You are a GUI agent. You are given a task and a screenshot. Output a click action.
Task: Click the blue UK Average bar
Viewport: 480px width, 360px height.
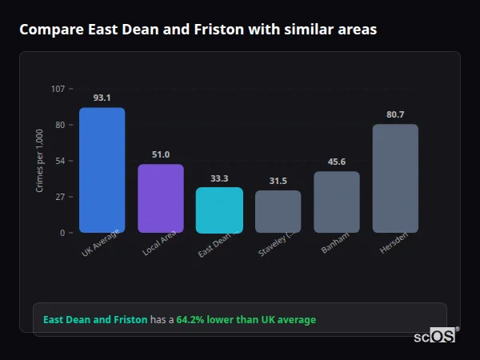[102, 170]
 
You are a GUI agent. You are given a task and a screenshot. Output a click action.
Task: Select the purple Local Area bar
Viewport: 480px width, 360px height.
[161, 198]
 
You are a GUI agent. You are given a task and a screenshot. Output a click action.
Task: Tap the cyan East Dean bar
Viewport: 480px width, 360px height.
[219, 210]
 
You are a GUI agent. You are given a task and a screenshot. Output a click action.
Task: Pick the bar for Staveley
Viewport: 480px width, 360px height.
[278, 211]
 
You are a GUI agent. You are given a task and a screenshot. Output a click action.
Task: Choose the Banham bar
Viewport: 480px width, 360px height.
[337, 202]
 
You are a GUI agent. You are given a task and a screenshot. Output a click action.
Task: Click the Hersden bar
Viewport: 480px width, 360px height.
[395, 178]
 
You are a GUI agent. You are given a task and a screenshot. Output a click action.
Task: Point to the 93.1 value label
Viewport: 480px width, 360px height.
[102, 98]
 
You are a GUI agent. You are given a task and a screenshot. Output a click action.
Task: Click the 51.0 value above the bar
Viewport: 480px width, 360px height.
[161, 154]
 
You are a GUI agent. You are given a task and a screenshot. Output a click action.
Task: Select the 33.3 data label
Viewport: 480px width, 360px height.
[219, 178]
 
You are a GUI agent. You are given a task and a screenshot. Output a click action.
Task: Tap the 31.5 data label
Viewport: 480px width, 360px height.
[278, 181]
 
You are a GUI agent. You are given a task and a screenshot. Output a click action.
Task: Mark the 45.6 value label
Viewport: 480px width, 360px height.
[337, 162]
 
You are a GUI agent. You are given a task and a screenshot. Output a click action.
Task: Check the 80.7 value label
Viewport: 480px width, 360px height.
[395, 114]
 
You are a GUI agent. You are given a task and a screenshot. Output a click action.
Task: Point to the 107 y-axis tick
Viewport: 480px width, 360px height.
[58, 89]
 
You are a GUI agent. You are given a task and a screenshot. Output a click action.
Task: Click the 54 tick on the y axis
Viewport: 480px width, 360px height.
[60, 161]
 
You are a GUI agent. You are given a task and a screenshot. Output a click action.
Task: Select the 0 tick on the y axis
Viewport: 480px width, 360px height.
[62, 233]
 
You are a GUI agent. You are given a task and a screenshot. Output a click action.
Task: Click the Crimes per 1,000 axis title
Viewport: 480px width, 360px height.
[40, 161]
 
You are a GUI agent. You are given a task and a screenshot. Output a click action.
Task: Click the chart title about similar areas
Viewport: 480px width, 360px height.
[198, 30]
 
